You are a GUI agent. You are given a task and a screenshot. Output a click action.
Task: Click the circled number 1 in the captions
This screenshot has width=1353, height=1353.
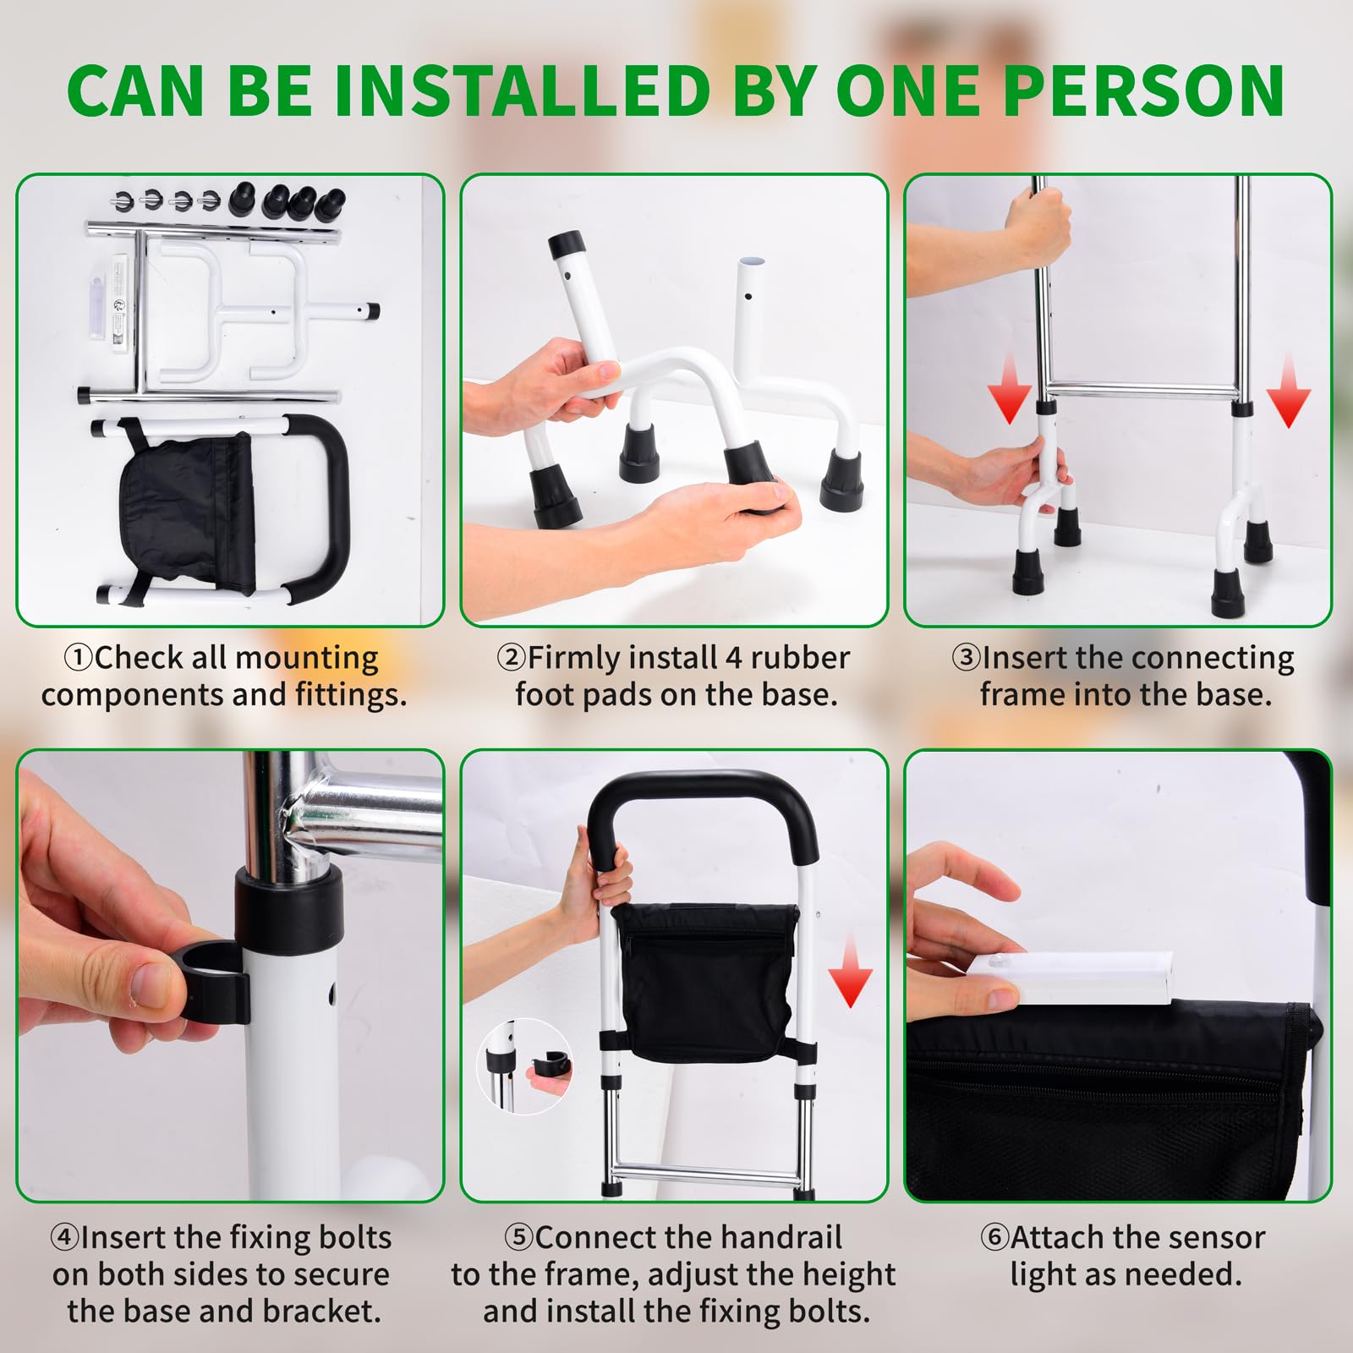(79, 658)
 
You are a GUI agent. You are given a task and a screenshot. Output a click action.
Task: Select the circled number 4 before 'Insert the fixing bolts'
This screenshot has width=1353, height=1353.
(64, 1238)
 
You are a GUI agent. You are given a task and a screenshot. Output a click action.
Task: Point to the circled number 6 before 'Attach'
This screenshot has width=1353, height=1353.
(994, 1238)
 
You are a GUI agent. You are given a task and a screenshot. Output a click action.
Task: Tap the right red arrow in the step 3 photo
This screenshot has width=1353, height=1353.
(1288, 390)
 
